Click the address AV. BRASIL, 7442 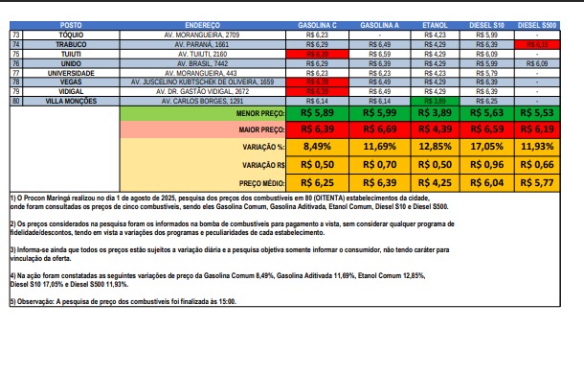(x=206, y=62)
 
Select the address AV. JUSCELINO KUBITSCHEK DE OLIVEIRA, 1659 (x=206, y=82)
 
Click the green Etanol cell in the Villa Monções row (x=434, y=101)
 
